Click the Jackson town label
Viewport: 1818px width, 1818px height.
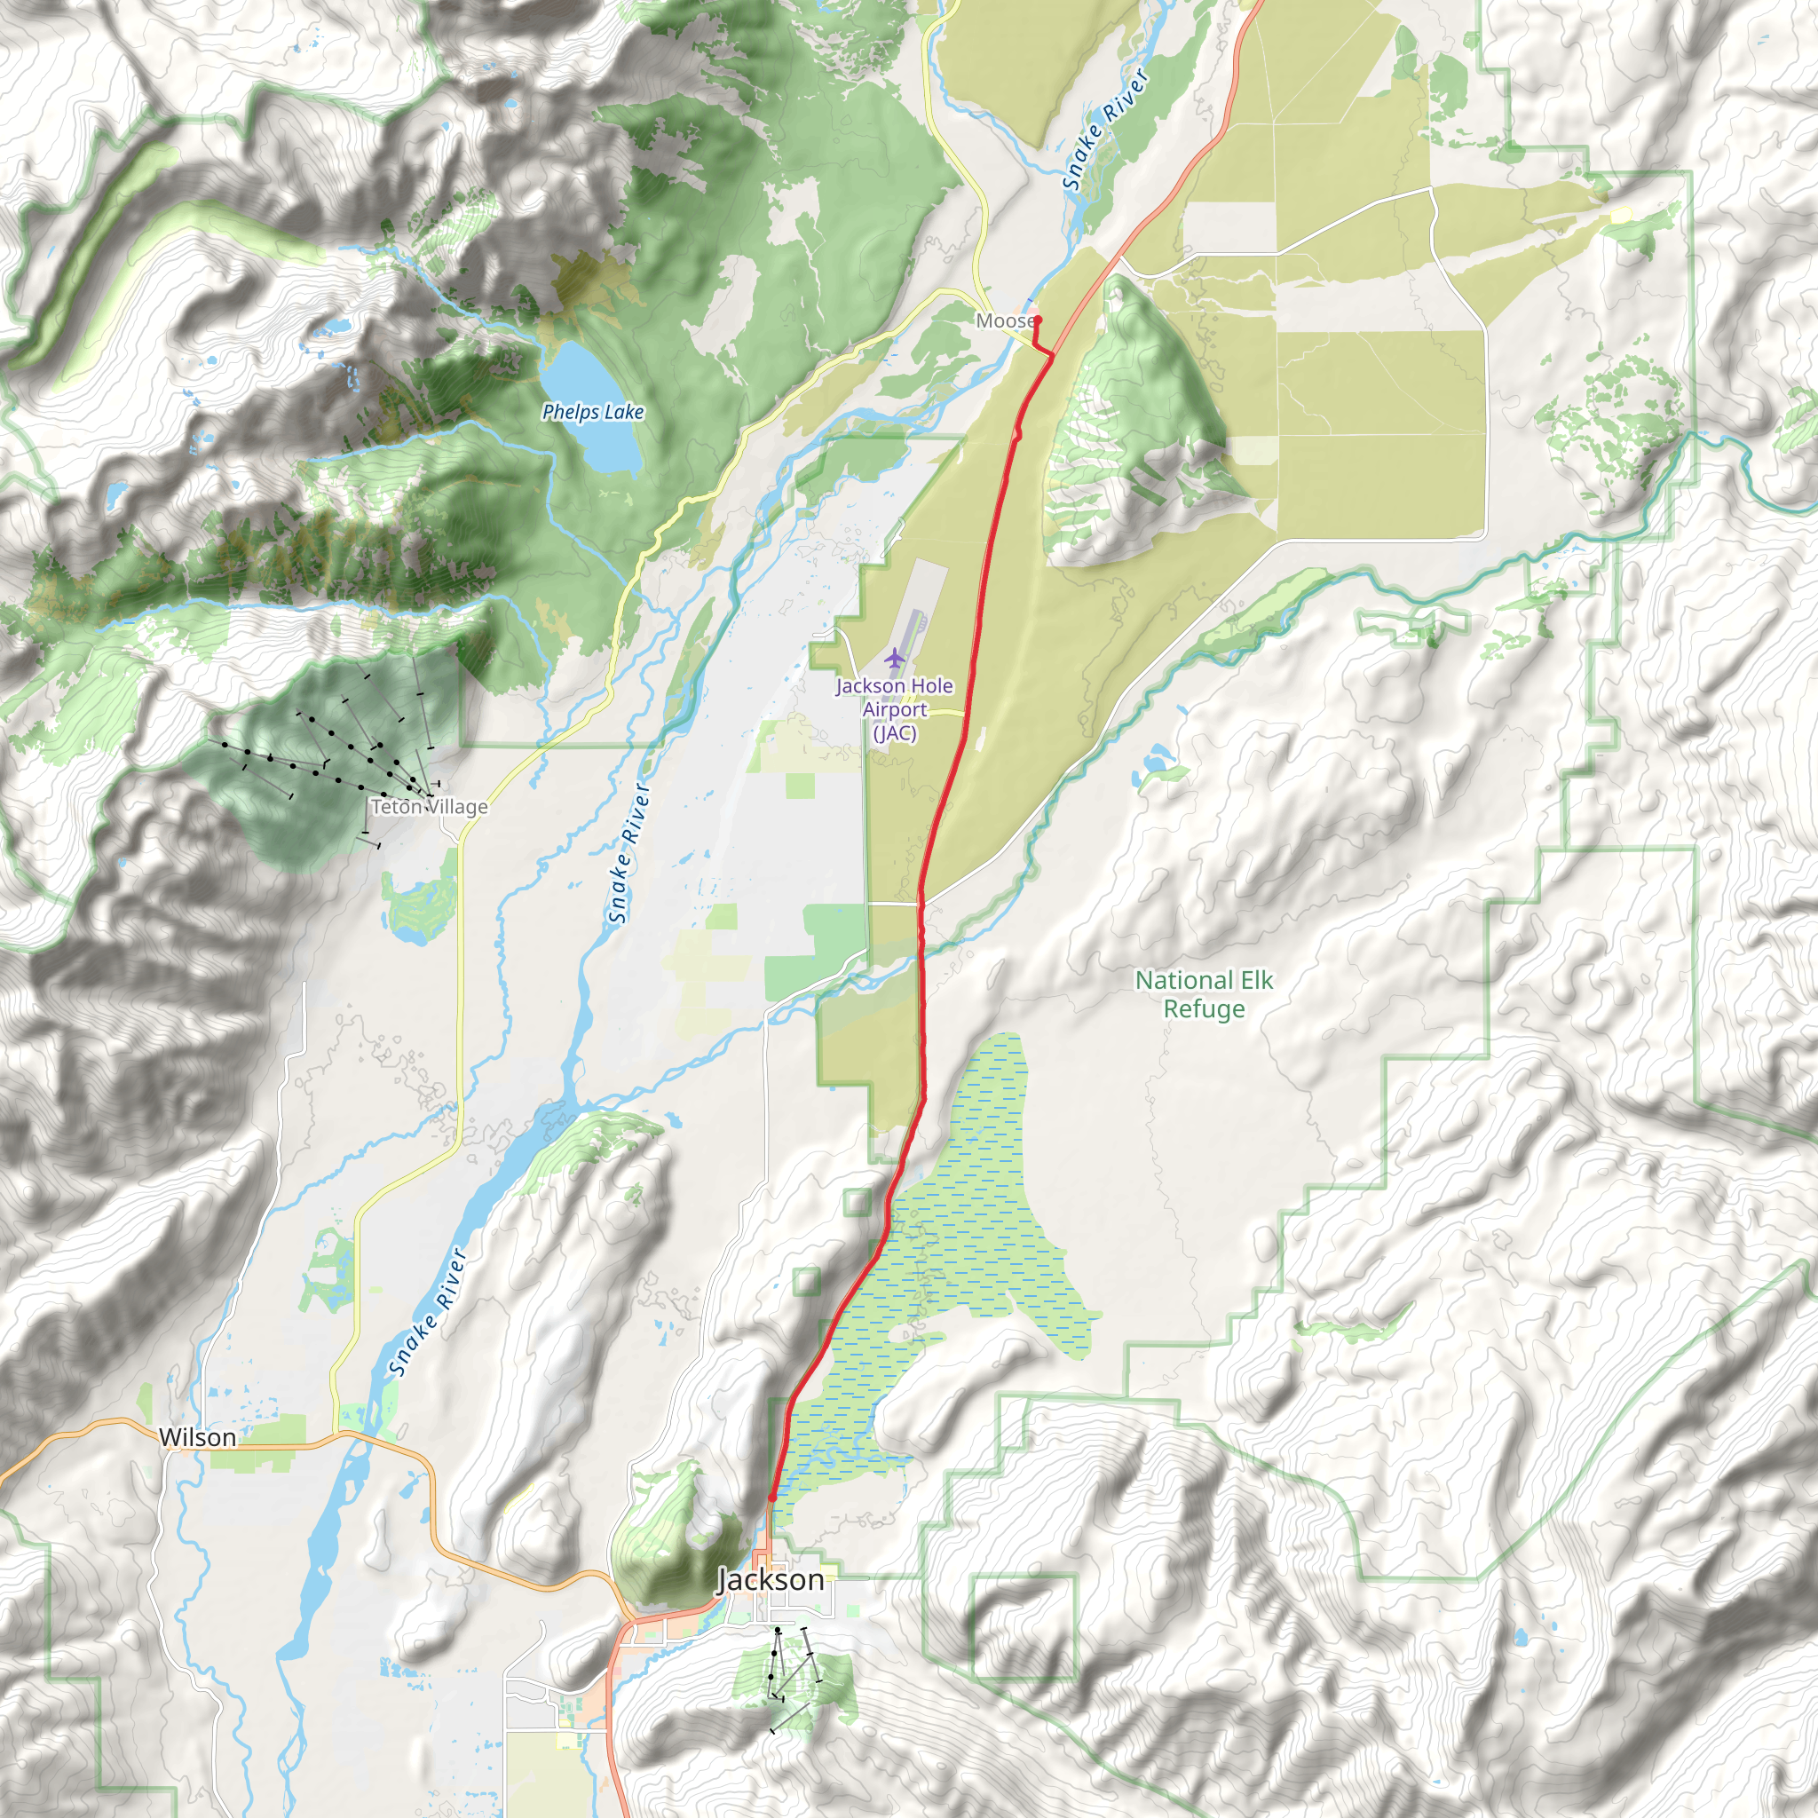771,1580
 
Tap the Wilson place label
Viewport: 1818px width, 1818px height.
197,1437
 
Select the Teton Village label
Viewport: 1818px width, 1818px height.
429,806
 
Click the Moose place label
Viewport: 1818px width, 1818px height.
1003,320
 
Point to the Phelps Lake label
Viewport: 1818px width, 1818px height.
593,412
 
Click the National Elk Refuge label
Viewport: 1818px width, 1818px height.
1204,994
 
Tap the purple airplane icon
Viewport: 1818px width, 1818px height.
894,656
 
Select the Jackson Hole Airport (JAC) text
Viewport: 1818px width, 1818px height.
894,709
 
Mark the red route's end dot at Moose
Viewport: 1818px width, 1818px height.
1037,320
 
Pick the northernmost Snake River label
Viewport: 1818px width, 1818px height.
1104,129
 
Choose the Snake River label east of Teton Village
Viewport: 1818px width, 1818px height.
629,852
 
